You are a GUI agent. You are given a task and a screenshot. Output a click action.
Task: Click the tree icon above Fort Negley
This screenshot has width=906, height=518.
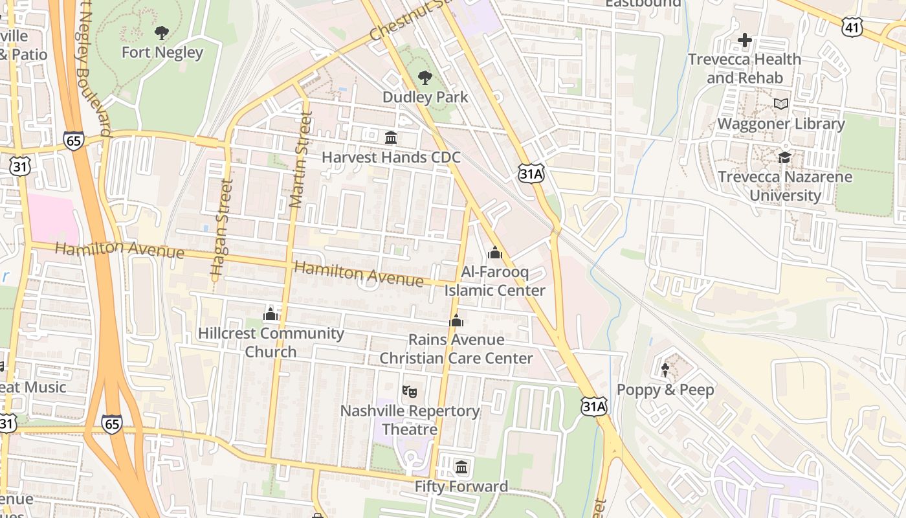coord(162,32)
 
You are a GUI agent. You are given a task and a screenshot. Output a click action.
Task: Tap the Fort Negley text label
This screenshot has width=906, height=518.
coord(162,52)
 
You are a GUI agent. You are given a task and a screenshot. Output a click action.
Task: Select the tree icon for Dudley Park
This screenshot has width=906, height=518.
coord(425,78)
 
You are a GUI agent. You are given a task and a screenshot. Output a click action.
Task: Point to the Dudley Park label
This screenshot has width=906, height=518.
coord(425,97)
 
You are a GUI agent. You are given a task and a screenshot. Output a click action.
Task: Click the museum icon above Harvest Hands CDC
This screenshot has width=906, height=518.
coord(391,138)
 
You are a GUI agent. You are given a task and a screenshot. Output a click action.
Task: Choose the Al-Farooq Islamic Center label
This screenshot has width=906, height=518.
coord(495,281)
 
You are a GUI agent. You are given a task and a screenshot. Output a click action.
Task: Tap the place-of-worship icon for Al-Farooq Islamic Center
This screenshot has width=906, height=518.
coord(495,253)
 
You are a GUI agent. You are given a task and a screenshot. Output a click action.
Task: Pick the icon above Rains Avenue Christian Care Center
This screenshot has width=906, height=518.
coord(456,321)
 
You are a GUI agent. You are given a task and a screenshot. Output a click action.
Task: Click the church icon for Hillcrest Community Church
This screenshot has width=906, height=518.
coord(271,315)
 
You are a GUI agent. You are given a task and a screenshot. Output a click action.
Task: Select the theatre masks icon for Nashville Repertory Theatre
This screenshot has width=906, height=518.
coord(410,391)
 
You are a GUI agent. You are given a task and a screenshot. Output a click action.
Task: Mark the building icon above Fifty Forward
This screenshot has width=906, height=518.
coord(461,467)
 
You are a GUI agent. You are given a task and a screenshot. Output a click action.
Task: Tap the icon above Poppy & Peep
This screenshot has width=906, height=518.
coord(665,370)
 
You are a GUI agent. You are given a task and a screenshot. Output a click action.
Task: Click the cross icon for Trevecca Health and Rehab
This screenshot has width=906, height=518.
coord(745,40)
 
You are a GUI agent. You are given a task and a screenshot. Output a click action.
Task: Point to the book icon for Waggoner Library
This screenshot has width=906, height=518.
coord(781,104)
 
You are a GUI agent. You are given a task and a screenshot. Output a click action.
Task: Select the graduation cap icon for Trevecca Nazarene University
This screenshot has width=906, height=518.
coord(785,157)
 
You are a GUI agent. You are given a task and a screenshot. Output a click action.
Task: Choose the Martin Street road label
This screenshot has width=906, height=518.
coord(301,159)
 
